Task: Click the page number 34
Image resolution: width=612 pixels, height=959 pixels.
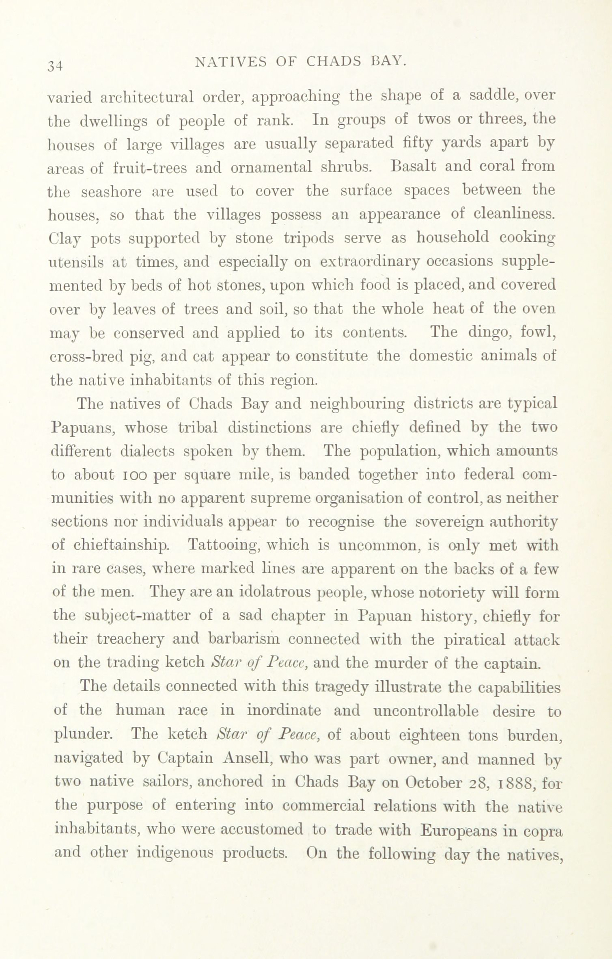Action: [55, 65]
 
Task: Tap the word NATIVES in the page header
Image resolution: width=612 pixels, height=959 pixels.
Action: [230, 61]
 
